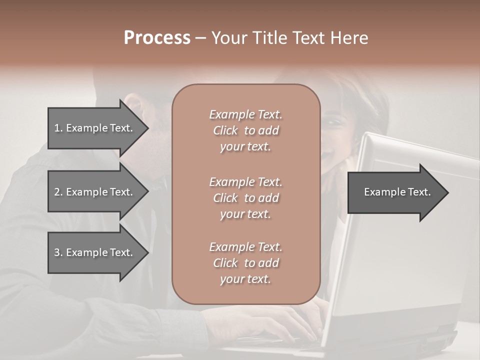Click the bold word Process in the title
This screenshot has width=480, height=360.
click(x=157, y=38)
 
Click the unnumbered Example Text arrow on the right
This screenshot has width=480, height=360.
click(x=397, y=192)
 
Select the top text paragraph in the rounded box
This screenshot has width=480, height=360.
click(x=245, y=130)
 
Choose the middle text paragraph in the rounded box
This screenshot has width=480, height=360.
click(x=245, y=197)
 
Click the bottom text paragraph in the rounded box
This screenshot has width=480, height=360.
click(x=245, y=263)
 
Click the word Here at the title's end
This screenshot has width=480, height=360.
click(x=350, y=38)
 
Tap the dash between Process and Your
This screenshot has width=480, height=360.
click(x=200, y=38)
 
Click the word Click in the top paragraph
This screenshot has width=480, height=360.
click(x=225, y=130)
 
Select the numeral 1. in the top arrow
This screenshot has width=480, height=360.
click(x=58, y=128)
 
